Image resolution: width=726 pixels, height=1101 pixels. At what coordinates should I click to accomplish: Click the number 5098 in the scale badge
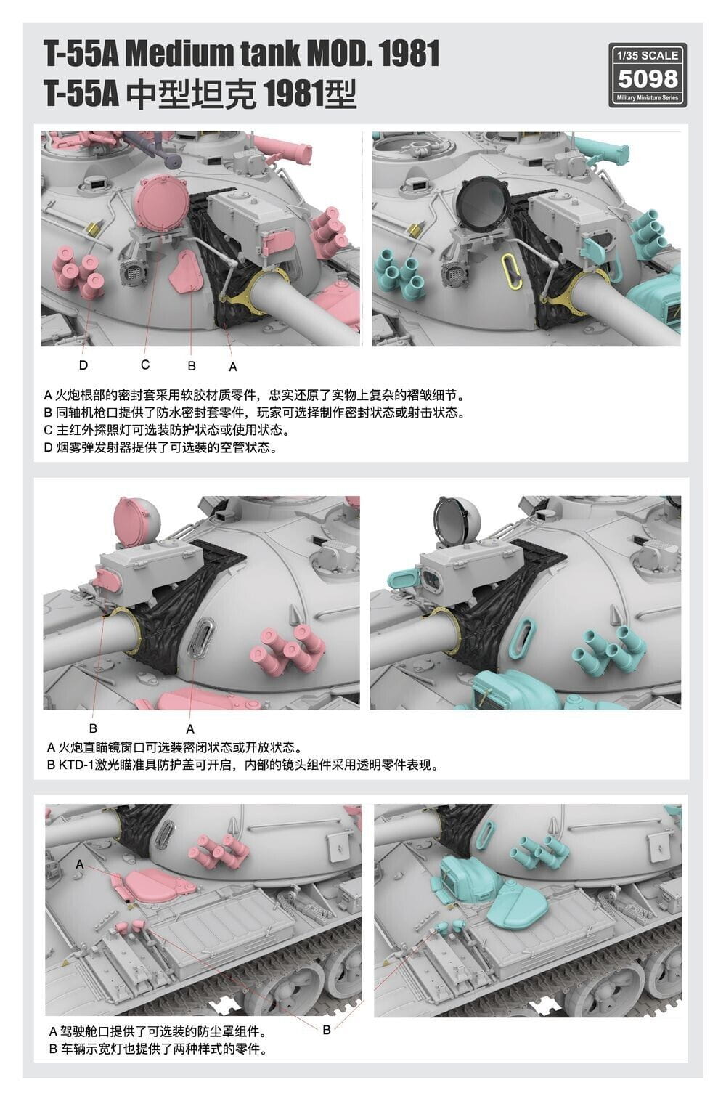click(x=648, y=78)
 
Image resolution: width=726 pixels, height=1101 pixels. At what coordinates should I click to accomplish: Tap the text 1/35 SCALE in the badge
click(x=648, y=55)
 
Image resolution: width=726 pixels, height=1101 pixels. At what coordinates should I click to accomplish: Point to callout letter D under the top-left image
click(x=83, y=365)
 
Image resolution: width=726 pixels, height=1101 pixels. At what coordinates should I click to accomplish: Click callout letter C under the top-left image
click(x=145, y=365)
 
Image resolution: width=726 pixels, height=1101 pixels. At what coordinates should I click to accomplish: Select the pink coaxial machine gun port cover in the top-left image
click(x=186, y=272)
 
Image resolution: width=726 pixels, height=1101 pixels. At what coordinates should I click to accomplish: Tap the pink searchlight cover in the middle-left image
click(x=137, y=521)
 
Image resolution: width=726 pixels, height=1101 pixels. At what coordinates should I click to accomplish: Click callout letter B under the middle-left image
click(x=94, y=728)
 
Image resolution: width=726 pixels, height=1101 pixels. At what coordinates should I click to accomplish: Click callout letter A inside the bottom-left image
click(x=80, y=864)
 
